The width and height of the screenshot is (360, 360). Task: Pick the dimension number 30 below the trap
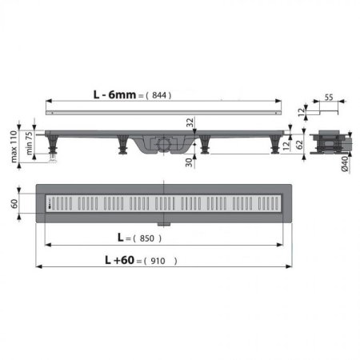coord(190,164)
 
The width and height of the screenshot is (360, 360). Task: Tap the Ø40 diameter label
coord(345,166)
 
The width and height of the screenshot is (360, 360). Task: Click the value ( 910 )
coord(163,261)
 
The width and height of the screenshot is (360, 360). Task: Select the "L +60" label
coord(121,261)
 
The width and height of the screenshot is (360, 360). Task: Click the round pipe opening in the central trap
coord(165,145)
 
